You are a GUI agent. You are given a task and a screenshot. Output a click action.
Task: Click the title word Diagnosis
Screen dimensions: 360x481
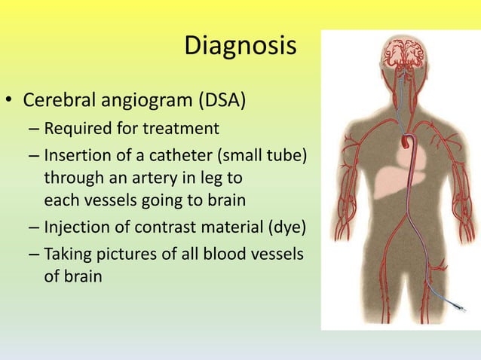click(240, 47)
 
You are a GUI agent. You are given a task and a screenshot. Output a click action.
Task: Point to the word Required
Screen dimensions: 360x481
click(78, 129)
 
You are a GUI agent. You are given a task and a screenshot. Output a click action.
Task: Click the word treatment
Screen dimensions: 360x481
click(185, 129)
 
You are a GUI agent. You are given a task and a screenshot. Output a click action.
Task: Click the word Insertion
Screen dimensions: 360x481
click(77, 157)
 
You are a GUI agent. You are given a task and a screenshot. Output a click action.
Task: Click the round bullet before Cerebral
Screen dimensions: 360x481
click(10, 101)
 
